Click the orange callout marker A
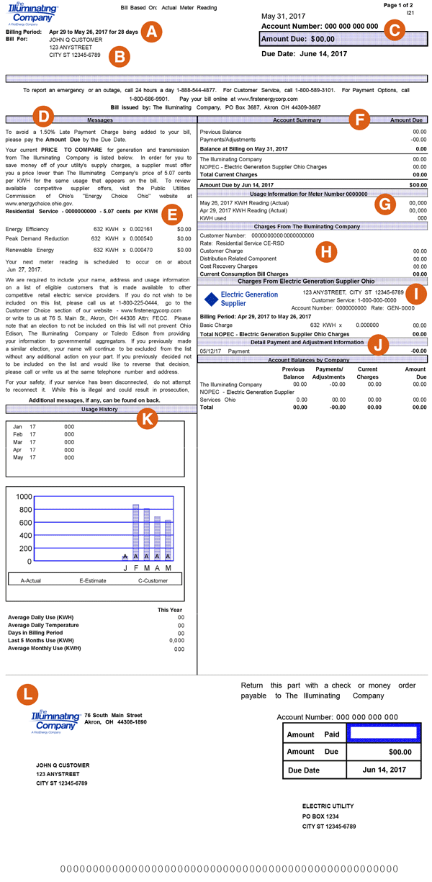[152, 32]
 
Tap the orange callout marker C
[394, 30]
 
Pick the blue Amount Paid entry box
[382, 733]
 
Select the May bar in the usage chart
[168, 540]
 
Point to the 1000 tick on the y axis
[23, 497]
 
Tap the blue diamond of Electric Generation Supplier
[211, 299]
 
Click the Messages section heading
[99, 120]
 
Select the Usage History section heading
[99, 410]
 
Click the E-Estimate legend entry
[96, 578]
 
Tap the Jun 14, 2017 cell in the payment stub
[384, 770]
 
